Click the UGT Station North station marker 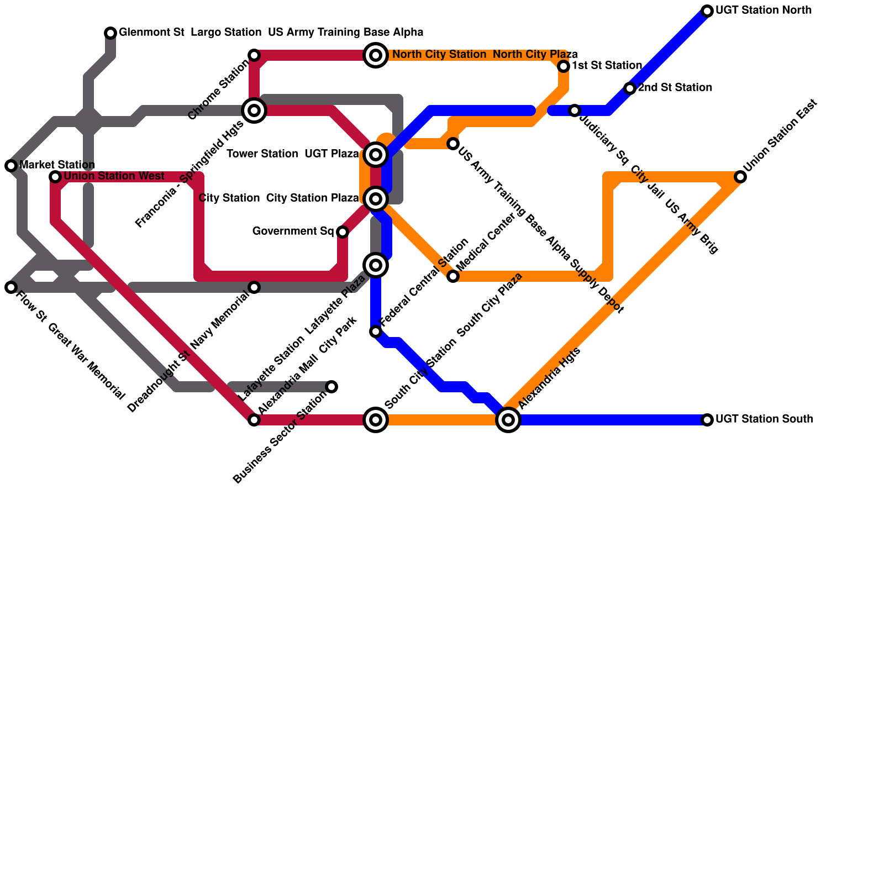click(x=707, y=11)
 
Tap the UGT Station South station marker click(x=707, y=420)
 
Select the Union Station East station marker click(x=740, y=177)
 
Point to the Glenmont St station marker click(x=110, y=33)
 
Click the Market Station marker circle click(x=11, y=166)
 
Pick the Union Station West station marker click(x=55, y=177)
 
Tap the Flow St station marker click(x=11, y=287)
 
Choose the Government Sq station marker click(x=343, y=232)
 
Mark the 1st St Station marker click(x=564, y=66)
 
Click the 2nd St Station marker click(x=630, y=88)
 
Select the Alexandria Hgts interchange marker click(x=508, y=420)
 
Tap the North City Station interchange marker click(x=376, y=55)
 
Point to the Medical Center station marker click(x=453, y=276)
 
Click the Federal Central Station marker click(x=376, y=331)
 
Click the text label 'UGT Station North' click(x=764, y=10)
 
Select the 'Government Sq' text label click(x=293, y=231)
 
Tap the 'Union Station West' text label click(x=114, y=176)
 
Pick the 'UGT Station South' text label click(x=764, y=419)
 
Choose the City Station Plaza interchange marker click(x=376, y=199)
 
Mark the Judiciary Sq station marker click(x=575, y=110)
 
